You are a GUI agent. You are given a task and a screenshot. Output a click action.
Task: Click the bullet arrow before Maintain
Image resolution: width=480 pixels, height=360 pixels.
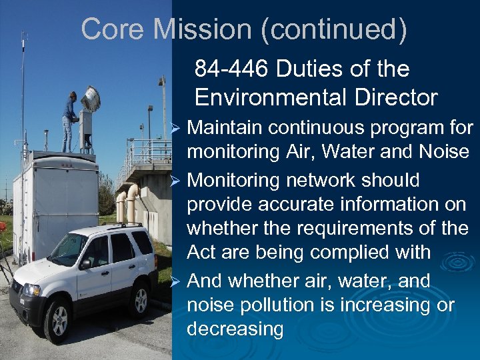point(177,127)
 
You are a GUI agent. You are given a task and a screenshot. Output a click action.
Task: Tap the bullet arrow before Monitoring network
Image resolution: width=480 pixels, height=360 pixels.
point(177,181)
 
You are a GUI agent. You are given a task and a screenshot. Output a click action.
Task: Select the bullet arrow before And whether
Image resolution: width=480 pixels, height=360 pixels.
point(177,281)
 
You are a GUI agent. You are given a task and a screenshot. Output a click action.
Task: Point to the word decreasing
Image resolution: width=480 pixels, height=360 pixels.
point(235,329)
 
